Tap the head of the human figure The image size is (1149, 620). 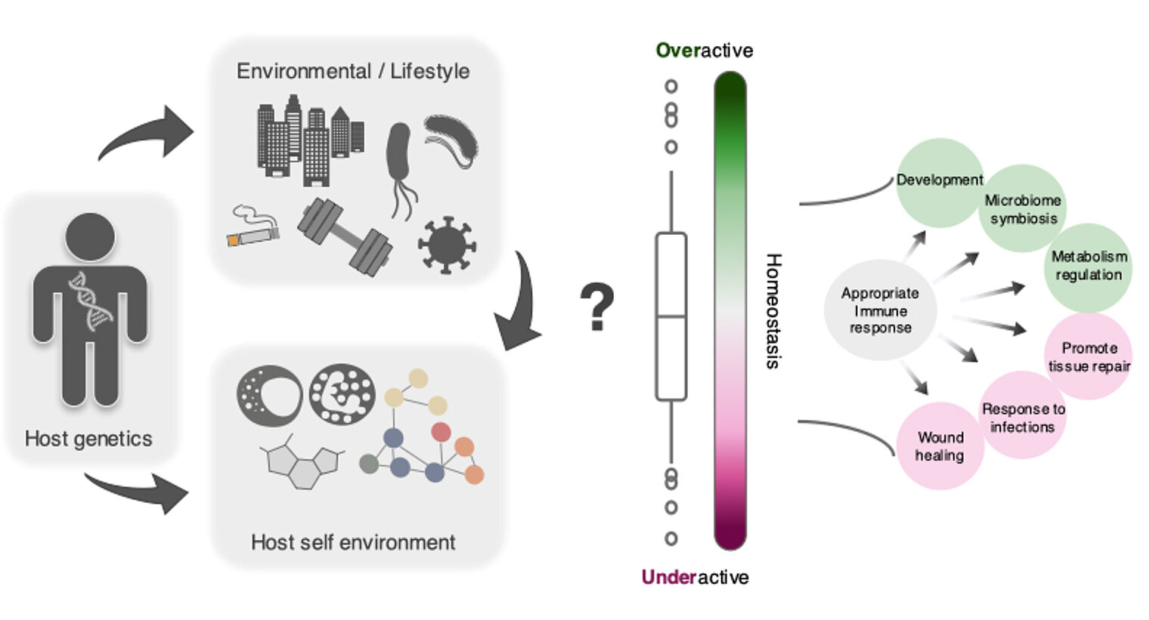coord(90,237)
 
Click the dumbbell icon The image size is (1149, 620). coord(345,236)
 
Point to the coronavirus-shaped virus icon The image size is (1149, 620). coord(447,244)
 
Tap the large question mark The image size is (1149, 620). coord(597,307)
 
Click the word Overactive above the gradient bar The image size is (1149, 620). coord(704,51)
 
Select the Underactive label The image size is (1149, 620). coord(695,577)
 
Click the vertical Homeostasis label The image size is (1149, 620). coord(773,310)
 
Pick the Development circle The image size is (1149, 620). coord(940,182)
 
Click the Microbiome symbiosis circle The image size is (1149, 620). coord(1023,209)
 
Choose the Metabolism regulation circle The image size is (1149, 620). coord(1089,267)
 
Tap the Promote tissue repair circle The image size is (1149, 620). coord(1089,356)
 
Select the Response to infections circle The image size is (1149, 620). coord(1023,416)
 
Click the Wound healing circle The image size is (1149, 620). coord(940,446)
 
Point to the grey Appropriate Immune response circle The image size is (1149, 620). coord(880,310)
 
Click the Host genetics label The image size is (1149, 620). coord(88,438)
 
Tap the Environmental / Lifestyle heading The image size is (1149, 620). coord(353,71)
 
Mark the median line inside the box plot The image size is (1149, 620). coord(671,316)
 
